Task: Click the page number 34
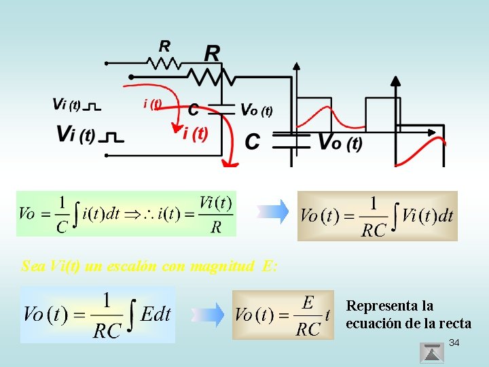pyautogui.click(x=454, y=343)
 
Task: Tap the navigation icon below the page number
pyautogui.click(x=432, y=353)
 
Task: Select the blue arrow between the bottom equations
pyautogui.click(x=209, y=314)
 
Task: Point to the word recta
pyautogui.click(x=454, y=324)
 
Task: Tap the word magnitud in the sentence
pyautogui.click(x=219, y=266)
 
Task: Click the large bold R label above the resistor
pyautogui.click(x=212, y=53)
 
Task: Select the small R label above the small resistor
pyautogui.click(x=165, y=46)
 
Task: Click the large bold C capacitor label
pyautogui.click(x=252, y=141)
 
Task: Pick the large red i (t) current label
pyautogui.click(x=195, y=134)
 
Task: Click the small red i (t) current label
pyautogui.click(x=153, y=103)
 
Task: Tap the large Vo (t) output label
pyautogui.click(x=340, y=143)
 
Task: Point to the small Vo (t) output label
pyautogui.click(x=257, y=111)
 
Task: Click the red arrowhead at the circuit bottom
pyautogui.click(x=231, y=162)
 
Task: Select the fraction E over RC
pyautogui.click(x=308, y=315)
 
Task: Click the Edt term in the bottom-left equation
pyautogui.click(x=156, y=314)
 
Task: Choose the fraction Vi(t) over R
pyautogui.click(x=216, y=214)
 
